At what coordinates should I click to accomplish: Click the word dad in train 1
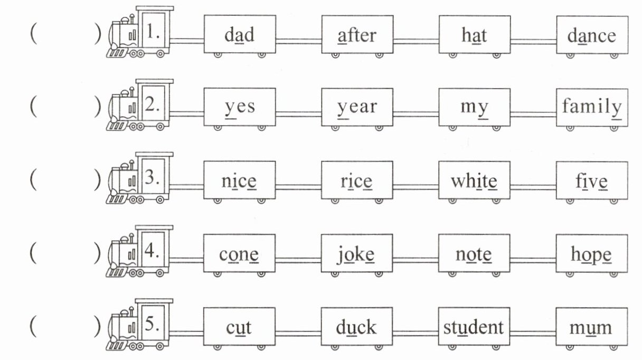pyautogui.click(x=239, y=35)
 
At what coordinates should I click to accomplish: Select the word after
pyautogui.click(x=357, y=35)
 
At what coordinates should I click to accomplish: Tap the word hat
pyautogui.click(x=474, y=35)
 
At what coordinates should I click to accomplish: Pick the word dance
pyautogui.click(x=591, y=35)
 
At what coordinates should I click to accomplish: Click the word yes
pyautogui.click(x=239, y=107)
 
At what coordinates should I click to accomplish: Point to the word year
pyautogui.click(x=357, y=107)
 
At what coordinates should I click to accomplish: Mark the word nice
pyautogui.click(x=239, y=181)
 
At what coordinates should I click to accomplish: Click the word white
pyautogui.click(x=474, y=181)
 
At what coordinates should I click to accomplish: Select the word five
pyautogui.click(x=591, y=181)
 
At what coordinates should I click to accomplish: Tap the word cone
pyautogui.click(x=239, y=255)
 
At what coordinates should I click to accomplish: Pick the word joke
pyautogui.click(x=357, y=255)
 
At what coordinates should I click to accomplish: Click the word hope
pyautogui.click(x=591, y=255)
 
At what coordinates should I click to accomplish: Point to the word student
pyautogui.click(x=474, y=327)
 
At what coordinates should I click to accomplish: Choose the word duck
pyautogui.click(x=357, y=327)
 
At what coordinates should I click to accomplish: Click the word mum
pyautogui.click(x=591, y=328)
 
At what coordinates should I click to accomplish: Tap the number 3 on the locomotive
pyautogui.click(x=153, y=177)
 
